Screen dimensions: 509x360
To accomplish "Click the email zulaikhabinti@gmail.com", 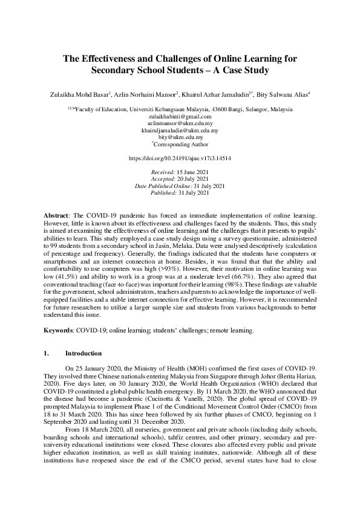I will coord(180,116).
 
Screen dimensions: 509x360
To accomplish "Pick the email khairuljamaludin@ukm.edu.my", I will coord(180,130).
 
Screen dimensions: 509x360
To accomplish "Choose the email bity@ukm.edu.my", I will coord(180,137).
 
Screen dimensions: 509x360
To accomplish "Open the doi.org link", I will coord(180,158).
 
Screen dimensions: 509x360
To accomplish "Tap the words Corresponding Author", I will coord(182,144).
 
